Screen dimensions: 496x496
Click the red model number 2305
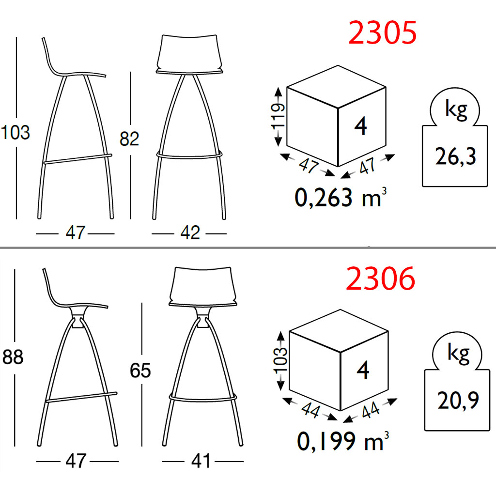coord(382,32)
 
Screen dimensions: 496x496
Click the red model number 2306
coord(380,279)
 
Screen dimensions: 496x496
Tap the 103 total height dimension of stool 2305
coord(15,132)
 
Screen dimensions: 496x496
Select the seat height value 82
coord(129,139)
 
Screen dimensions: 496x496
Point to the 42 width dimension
coord(190,233)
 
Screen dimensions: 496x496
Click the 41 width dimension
coord(201,461)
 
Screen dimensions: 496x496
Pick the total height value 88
coord(13,357)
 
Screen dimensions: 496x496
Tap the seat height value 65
coord(140,370)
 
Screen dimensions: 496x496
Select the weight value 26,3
coord(455,156)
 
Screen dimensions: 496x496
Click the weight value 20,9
coord(458,401)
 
